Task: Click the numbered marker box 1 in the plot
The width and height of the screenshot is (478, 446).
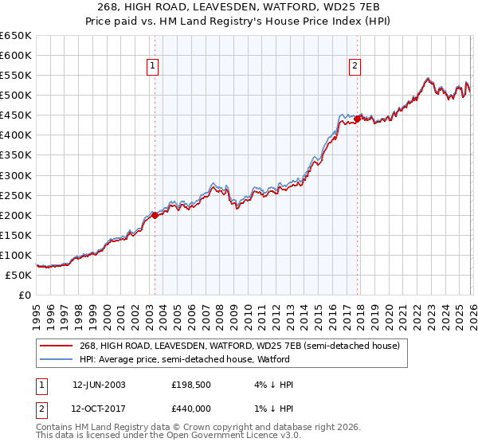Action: (x=152, y=67)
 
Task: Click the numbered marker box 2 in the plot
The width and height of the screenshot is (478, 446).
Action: (x=355, y=67)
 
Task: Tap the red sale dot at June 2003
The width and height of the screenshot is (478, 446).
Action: (x=155, y=215)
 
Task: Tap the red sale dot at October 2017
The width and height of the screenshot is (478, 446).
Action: (x=357, y=119)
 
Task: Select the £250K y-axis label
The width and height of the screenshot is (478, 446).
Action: (x=16, y=195)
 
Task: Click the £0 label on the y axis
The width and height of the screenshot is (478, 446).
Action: (x=24, y=295)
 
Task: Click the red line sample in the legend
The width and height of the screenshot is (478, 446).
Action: (x=57, y=346)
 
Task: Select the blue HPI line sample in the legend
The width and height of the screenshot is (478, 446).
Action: (x=57, y=359)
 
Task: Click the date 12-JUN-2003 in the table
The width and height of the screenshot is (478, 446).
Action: (x=99, y=385)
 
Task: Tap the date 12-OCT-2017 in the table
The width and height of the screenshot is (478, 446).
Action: (x=99, y=409)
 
